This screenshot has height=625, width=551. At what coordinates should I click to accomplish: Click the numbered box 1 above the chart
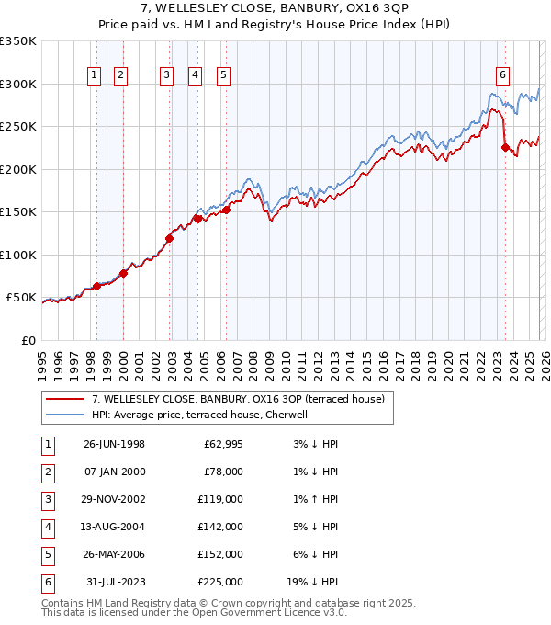coord(96,76)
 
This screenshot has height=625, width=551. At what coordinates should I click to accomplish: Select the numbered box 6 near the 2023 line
coord(502,76)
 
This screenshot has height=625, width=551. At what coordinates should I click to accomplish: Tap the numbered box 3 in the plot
coord(166,76)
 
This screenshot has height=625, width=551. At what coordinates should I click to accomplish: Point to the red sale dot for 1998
coord(96,286)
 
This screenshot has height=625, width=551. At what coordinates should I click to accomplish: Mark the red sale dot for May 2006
coord(226,210)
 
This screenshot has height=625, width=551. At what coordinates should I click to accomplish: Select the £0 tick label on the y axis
coord(28,340)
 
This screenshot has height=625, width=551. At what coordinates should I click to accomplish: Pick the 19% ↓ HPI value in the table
coord(314,582)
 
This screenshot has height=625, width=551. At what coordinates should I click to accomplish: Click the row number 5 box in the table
coord(45,554)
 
